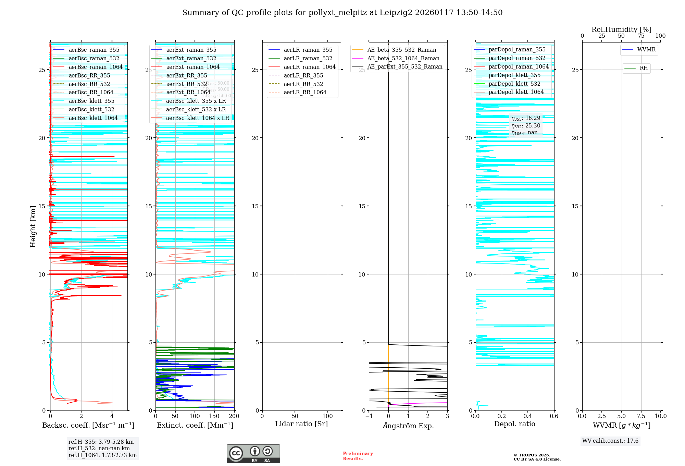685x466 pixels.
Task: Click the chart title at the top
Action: click(342, 13)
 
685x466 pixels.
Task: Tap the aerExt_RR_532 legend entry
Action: click(186, 84)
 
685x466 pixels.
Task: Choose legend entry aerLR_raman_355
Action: click(308, 50)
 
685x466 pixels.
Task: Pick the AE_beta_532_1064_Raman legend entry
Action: click(403, 58)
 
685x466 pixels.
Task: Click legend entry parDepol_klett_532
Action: click(514, 84)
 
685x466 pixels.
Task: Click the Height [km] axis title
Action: click(33, 226)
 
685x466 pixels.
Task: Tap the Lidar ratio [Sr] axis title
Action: click(301, 424)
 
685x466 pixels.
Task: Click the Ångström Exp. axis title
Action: click(408, 426)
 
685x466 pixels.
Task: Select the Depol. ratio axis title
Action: click(514, 424)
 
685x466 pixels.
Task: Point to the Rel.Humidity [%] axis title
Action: click(621, 29)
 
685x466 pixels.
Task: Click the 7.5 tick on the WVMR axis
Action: click(641, 416)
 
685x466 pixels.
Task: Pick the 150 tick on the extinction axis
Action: click(214, 416)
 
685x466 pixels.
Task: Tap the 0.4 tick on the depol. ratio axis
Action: click(528, 416)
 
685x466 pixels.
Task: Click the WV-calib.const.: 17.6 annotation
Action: click(610, 441)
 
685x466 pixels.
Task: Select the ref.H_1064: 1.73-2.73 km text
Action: click(102, 455)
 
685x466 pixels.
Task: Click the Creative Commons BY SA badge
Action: click(253, 454)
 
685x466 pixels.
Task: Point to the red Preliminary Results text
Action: click(358, 456)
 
